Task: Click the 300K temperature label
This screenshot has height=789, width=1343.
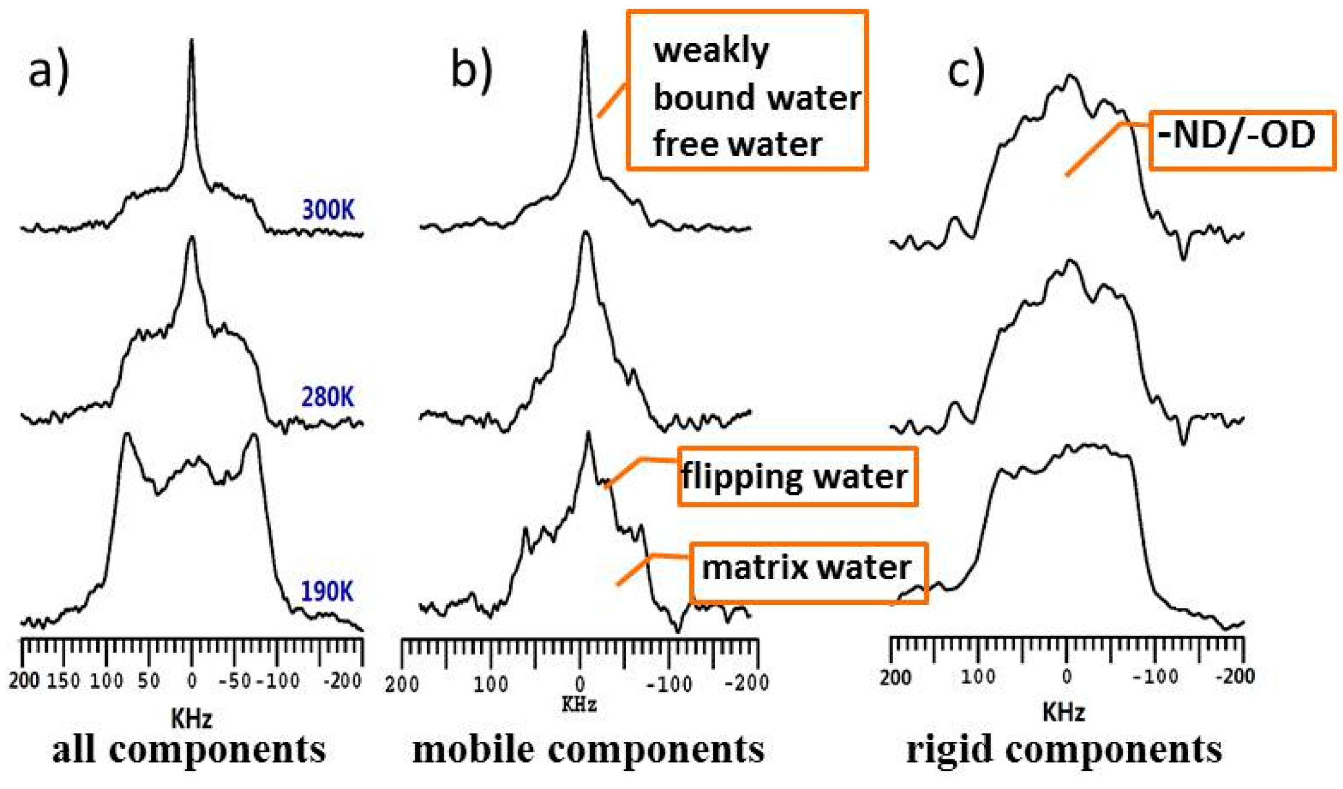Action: [x=328, y=210]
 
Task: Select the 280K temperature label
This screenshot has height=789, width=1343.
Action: [x=327, y=397]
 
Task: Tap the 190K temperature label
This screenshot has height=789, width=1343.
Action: [x=327, y=592]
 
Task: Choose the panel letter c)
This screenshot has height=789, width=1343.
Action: [x=966, y=70]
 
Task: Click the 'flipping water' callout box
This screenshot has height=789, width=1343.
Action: [x=796, y=476]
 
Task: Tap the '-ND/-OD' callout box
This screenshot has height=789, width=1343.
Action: [x=1241, y=140]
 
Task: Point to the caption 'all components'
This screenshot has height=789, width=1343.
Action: [x=189, y=750]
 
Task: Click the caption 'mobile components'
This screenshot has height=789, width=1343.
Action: [x=588, y=750]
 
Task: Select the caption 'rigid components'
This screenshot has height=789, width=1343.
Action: [x=1064, y=750]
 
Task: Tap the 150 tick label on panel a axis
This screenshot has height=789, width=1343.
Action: [x=64, y=681]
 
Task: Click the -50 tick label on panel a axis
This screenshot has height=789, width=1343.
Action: [x=234, y=681]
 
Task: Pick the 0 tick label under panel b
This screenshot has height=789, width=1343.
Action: [x=580, y=684]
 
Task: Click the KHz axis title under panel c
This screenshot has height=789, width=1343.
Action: [x=1064, y=712]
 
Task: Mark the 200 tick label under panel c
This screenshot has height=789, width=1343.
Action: [x=896, y=678]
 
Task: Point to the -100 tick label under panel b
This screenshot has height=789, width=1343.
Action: [x=669, y=684]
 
